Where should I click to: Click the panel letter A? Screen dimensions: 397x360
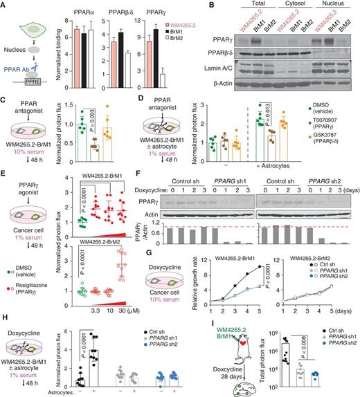[x=5, y=6]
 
